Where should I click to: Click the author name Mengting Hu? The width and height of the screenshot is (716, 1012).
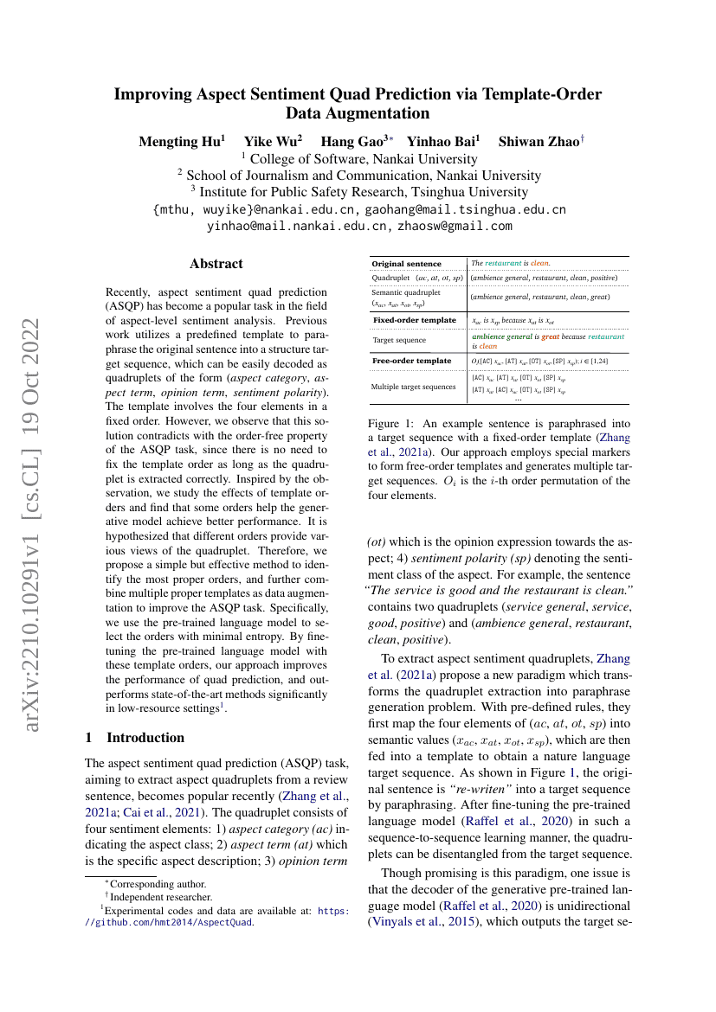point(181,142)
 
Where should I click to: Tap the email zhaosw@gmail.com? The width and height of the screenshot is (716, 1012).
point(455,226)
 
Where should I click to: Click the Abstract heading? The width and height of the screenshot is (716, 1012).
point(216,264)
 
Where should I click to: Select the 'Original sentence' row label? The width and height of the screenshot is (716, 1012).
point(406,263)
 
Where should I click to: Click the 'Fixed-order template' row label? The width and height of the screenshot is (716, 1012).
point(414,320)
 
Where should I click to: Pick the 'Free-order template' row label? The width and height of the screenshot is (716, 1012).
point(411,360)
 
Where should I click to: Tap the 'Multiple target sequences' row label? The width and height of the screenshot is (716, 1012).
point(414,386)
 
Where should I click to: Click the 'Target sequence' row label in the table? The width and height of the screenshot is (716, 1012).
point(399,340)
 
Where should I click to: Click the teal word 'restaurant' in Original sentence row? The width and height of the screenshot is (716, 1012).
point(503,263)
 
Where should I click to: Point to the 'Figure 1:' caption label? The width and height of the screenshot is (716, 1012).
point(391,424)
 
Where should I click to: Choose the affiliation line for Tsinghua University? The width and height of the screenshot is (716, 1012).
point(358,192)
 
